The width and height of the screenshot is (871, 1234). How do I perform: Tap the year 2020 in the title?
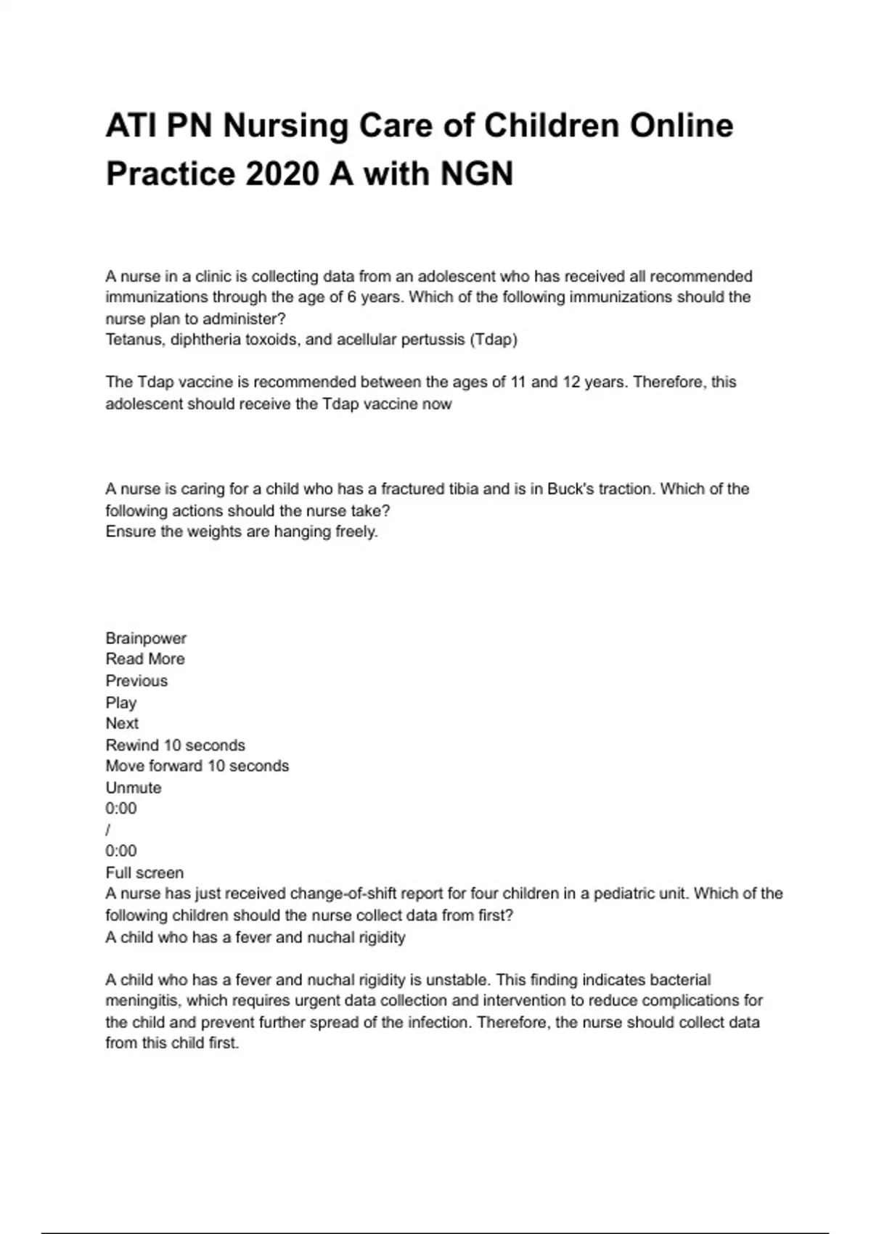281,174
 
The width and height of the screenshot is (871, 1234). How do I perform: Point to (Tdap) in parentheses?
494,340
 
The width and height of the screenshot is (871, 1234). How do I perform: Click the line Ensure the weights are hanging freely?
242,532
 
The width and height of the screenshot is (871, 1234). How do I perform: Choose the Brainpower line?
146,639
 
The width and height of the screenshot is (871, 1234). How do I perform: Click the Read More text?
145,659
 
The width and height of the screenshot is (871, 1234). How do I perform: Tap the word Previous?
136,681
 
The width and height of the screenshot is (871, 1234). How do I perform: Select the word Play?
121,703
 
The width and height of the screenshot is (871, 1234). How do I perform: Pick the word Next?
122,724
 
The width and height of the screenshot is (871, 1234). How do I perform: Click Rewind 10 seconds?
175,745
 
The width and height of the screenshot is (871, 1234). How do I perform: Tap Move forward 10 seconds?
197,767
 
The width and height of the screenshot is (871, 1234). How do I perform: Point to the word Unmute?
134,788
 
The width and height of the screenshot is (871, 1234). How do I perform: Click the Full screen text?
144,873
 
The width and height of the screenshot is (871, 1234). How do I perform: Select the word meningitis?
143,1001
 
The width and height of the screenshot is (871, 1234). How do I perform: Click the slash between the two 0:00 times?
108,830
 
